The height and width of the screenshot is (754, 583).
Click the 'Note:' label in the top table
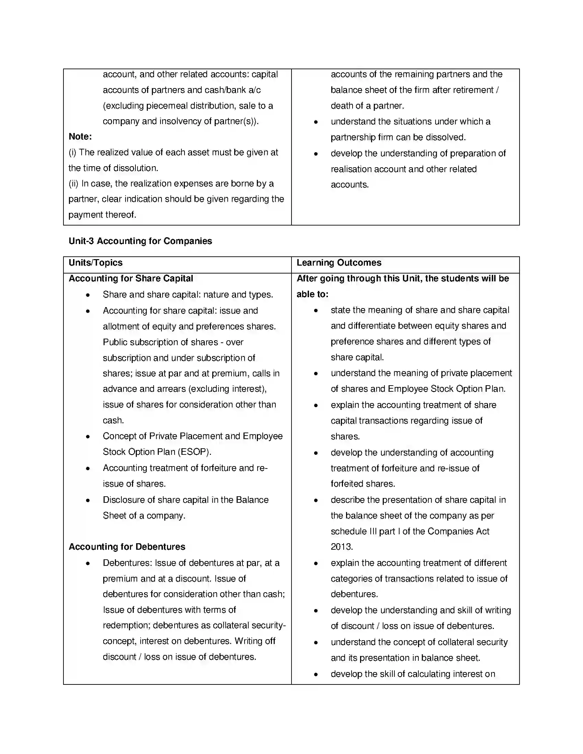[x=80, y=137]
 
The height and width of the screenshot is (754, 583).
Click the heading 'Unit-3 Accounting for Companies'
[x=140, y=241]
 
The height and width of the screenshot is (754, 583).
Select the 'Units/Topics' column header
[x=96, y=263]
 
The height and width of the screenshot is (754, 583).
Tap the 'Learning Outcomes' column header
[x=339, y=263]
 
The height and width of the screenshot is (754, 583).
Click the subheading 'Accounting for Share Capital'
[x=131, y=279]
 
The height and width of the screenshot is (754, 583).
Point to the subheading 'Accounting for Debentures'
[x=127, y=547]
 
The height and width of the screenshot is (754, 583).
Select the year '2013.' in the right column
[x=342, y=547]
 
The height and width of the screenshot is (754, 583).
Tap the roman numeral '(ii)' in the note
[x=74, y=184]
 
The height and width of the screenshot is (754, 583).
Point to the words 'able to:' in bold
[x=312, y=294]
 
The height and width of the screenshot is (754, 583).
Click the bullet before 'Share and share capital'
[x=88, y=295]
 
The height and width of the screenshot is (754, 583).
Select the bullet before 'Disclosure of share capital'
[x=88, y=500]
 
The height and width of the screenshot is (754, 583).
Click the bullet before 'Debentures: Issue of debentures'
[x=88, y=563]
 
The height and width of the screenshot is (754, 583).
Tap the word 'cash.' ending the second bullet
[x=113, y=421]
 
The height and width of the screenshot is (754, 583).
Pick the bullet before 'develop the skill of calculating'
[x=316, y=674]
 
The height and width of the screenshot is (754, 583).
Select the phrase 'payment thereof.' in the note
[x=102, y=215]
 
